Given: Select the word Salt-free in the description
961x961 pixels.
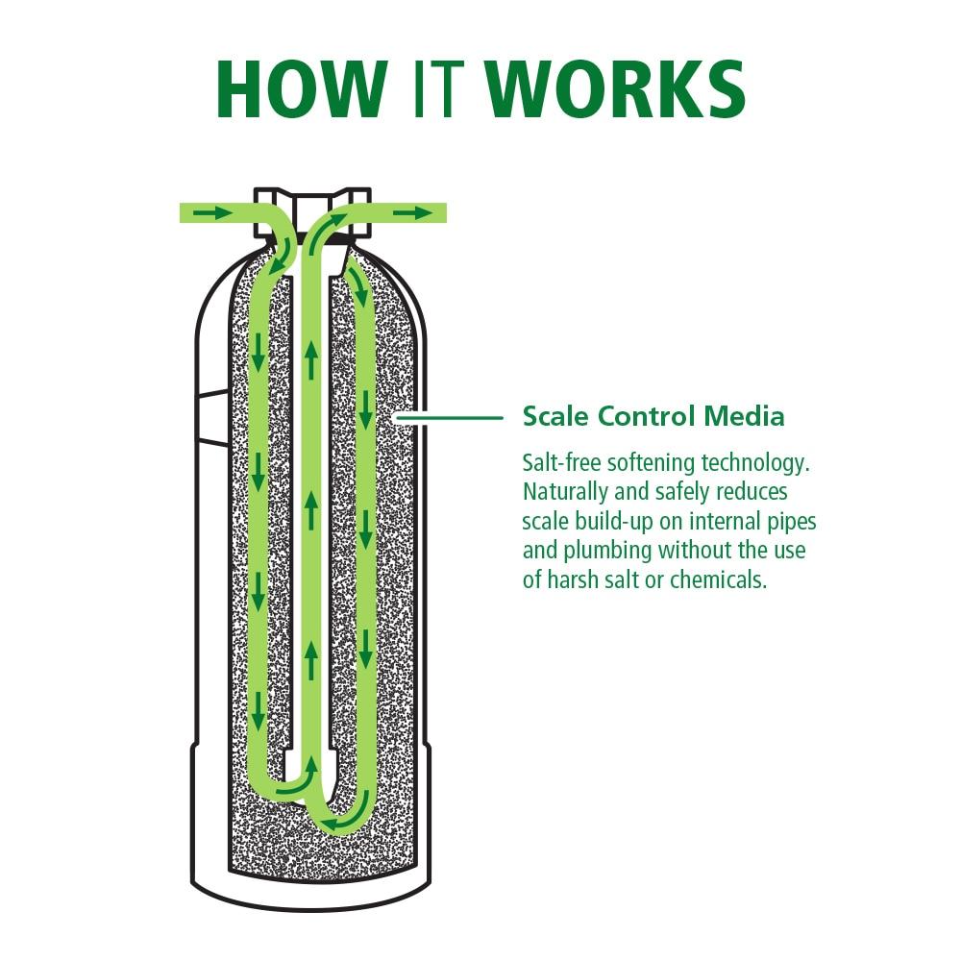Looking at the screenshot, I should coord(557,462).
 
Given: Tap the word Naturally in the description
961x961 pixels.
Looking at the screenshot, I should coord(564,492).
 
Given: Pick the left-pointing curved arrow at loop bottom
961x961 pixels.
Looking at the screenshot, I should coord(335,825).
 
